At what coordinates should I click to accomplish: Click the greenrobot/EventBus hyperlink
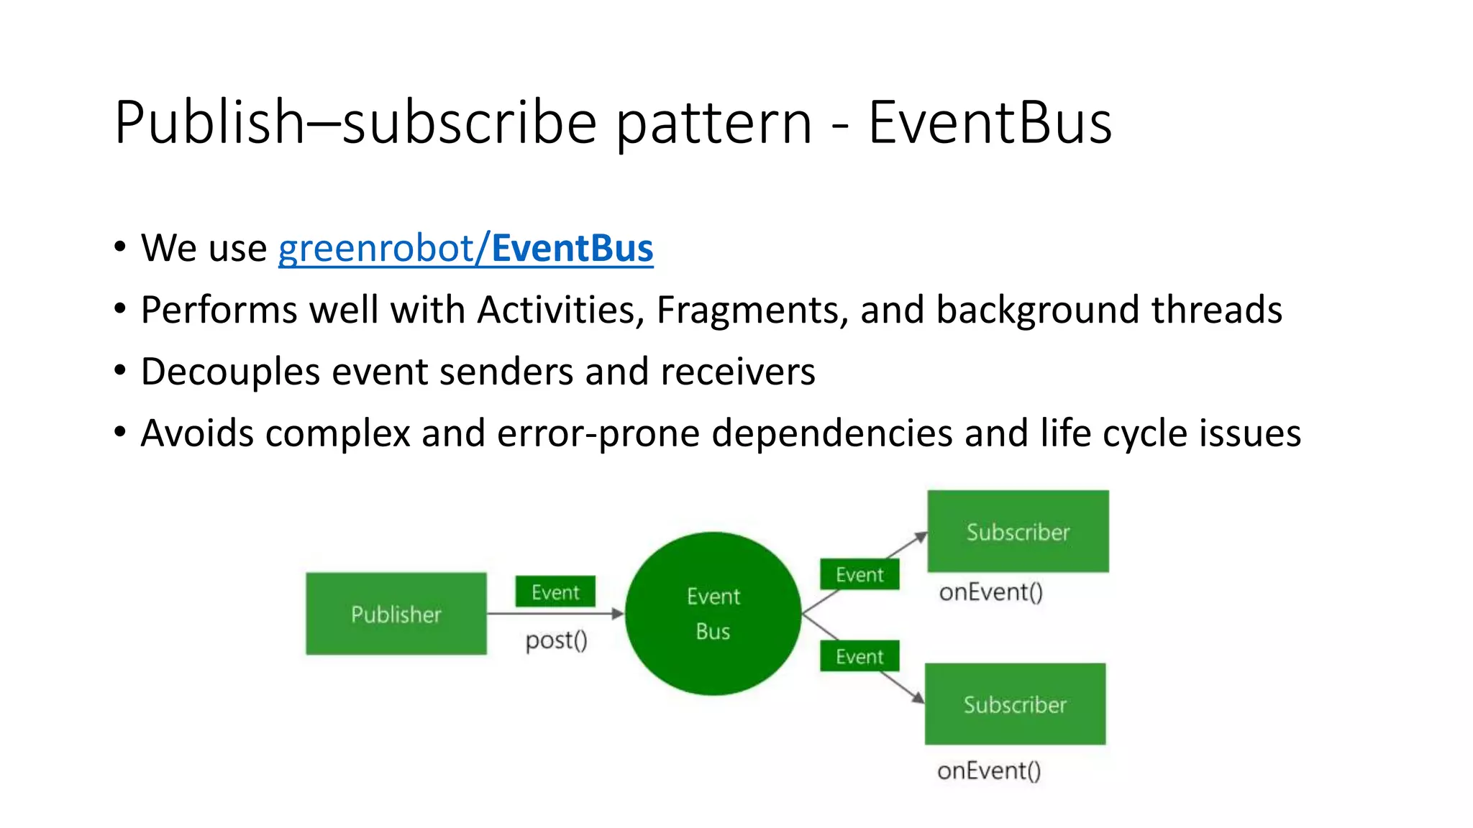(x=465, y=249)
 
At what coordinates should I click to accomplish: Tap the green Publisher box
(x=396, y=614)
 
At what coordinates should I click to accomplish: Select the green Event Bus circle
(x=713, y=613)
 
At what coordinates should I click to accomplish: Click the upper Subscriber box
(x=1018, y=532)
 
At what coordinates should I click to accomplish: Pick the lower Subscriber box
(x=1015, y=704)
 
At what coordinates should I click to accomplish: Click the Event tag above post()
(x=555, y=592)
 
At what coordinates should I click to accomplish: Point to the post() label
(x=556, y=640)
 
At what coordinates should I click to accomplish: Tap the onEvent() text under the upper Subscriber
(x=990, y=592)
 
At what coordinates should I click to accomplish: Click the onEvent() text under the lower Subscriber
(x=988, y=771)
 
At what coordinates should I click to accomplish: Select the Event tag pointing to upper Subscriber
(x=859, y=574)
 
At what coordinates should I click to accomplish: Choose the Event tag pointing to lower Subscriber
(x=859, y=656)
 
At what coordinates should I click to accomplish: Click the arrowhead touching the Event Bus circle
(x=617, y=614)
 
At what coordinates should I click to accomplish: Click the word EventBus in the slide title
(x=990, y=122)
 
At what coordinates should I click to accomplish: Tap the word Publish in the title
(x=209, y=122)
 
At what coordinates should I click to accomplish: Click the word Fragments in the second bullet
(x=752, y=310)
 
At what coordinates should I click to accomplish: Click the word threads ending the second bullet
(x=1216, y=310)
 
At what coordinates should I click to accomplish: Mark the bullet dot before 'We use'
(x=120, y=247)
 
